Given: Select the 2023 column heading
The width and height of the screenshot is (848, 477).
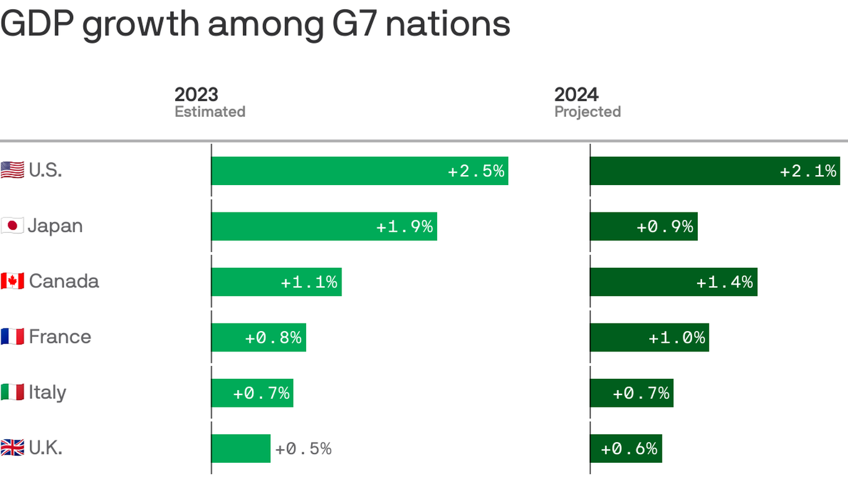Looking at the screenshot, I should [196, 94].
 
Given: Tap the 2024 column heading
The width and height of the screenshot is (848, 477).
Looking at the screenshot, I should [576, 94].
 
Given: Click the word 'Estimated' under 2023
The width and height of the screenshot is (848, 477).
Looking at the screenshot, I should [210, 112].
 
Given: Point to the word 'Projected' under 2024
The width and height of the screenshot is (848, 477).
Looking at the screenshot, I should [587, 112].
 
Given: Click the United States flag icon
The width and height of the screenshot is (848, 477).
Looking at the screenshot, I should [12, 170].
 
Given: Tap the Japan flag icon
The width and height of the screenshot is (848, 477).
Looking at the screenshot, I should [12, 225].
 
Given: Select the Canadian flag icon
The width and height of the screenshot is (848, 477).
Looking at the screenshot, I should [12, 281].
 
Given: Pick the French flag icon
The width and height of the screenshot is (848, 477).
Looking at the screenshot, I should [12, 337].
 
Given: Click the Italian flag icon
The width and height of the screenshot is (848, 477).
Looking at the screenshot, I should [12, 393].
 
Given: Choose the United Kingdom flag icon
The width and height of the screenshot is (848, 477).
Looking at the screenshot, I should [12, 448].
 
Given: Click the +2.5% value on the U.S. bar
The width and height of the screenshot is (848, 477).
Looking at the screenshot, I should [476, 171].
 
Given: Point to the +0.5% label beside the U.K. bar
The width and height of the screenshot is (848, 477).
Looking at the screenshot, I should [304, 448].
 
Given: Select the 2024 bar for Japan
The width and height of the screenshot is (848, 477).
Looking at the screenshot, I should [643, 226].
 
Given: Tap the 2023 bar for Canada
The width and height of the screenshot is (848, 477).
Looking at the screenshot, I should [276, 282].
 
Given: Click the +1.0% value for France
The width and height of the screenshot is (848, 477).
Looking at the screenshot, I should [677, 337].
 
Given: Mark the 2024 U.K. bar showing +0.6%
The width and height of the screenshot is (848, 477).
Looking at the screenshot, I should [626, 448].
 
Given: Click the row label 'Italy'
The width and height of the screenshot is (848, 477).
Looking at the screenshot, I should [47, 393].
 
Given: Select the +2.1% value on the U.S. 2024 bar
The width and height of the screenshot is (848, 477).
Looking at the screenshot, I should [808, 171].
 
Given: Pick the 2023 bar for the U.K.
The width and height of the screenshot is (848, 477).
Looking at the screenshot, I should [241, 448].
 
